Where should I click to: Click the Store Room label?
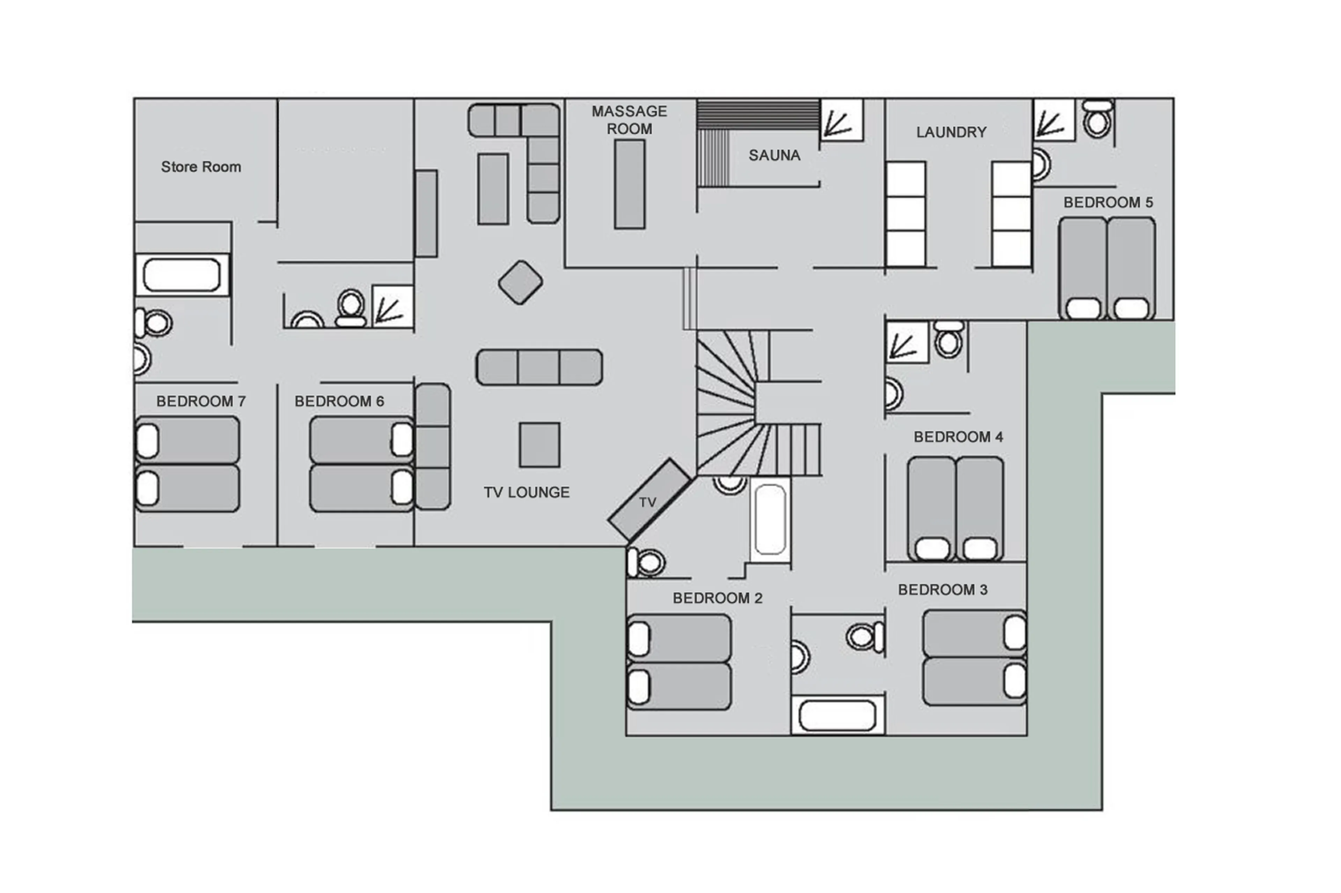coord(200,167)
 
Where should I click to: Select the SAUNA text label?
coord(774,155)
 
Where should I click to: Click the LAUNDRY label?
coord(951,132)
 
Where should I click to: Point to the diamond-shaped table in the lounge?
coord(520,282)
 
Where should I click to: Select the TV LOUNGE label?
coord(526,492)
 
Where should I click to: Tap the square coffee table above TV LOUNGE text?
coord(539,445)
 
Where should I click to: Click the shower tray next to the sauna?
coord(841,120)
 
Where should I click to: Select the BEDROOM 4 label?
coord(958,437)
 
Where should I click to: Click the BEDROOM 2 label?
coord(717,598)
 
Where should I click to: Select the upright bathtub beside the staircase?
coord(770,519)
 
